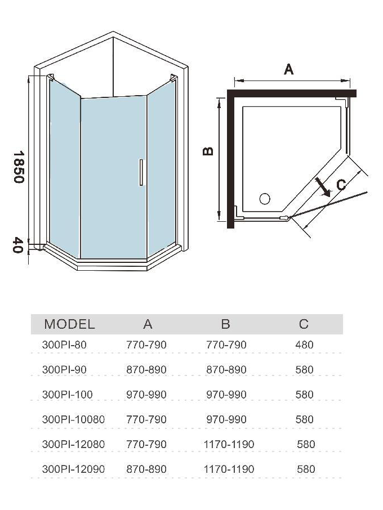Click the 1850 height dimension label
[18, 166]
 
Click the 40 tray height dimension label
[18, 245]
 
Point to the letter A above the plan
[288, 69]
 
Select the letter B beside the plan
[208, 150]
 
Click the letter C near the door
[340, 185]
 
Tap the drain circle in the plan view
[264, 198]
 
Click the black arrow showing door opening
[323, 187]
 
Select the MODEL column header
[70, 324]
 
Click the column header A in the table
[148, 324]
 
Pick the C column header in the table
[304, 324]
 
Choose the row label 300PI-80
[64, 345]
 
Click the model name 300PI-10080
[73, 419]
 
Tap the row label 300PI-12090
[73, 469]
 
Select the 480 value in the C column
[304, 345]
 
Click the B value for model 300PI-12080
[229, 444]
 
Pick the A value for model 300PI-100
[147, 395]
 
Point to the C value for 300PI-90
[304, 370]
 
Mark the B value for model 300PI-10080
[226, 419]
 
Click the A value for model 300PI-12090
[147, 469]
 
